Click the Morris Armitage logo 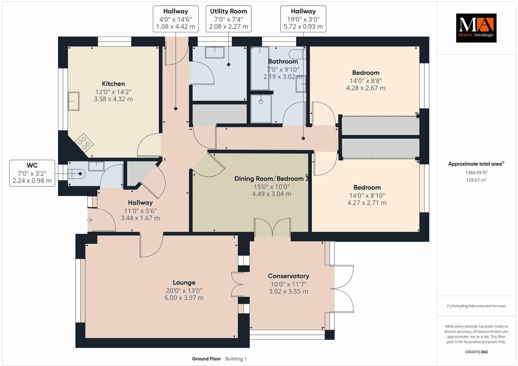coord(476,28)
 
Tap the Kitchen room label coord(113,84)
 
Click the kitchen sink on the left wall coord(73,101)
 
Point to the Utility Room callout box coord(228,19)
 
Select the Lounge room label coord(184,283)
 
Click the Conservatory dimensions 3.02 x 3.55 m coord(288,291)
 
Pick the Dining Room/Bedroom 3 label coord(271,179)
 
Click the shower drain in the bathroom coord(261,102)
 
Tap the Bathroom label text coord(283,62)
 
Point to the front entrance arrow coord(90,220)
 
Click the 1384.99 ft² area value coord(476,172)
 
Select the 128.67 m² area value coord(476,180)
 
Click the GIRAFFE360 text coord(476,352)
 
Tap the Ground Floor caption coord(206,359)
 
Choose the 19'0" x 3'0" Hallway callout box coord(303,19)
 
